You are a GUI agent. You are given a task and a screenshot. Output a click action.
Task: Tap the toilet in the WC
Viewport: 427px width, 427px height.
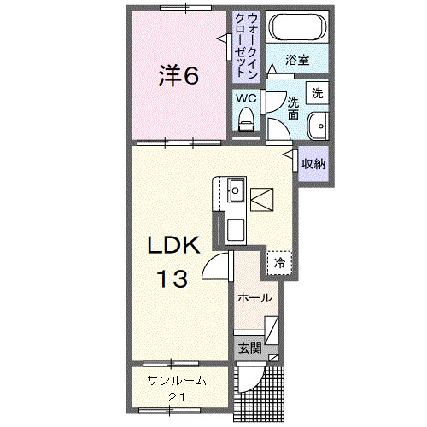click(246, 123)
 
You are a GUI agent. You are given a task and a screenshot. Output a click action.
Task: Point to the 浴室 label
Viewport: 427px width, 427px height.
click(297, 61)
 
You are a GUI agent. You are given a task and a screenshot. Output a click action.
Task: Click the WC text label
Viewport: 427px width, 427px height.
click(246, 97)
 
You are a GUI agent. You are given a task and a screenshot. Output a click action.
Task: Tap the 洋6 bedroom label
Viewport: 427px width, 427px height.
click(178, 75)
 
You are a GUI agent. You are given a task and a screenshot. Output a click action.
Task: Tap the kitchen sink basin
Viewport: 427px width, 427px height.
click(237, 189)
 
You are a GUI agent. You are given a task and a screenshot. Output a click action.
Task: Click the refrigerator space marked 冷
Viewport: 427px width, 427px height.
click(278, 264)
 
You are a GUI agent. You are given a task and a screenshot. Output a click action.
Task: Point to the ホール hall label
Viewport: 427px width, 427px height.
click(254, 298)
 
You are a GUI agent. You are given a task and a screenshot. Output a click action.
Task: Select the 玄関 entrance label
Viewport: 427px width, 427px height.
click(249, 348)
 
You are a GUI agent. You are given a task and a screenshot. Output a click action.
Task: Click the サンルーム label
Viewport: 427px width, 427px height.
click(175, 382)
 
